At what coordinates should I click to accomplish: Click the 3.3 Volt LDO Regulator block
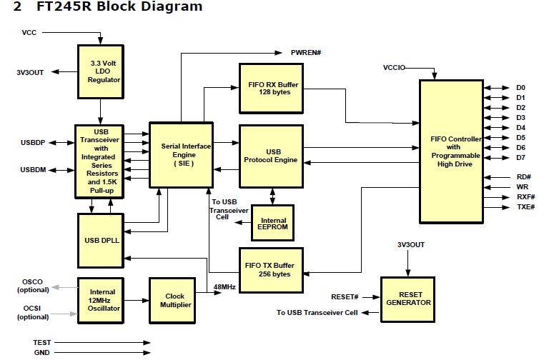pos(101,71)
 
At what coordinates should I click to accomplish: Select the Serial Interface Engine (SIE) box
pos(182,155)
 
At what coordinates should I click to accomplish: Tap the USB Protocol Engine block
pos(271,156)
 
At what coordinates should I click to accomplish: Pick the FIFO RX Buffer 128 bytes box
pos(271,89)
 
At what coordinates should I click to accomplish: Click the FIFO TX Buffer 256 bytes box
pos(271,270)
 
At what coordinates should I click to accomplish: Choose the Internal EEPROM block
pos(273,223)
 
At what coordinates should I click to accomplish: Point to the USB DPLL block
pos(101,241)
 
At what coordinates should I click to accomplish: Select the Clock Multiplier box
pos(172,301)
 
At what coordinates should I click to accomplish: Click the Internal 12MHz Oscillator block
pos(101,301)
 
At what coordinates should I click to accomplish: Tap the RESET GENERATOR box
pos(408,299)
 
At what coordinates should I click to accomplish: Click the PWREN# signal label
pos(306,53)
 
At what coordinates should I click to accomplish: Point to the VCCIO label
pos(395,68)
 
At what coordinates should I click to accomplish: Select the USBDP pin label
pos(33,143)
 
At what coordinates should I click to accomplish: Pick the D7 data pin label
pos(520,158)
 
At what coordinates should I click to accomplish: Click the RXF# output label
pos(526,197)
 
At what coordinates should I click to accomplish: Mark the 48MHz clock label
pos(224,287)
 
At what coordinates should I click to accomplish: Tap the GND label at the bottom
pos(41,353)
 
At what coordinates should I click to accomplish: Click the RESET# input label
pos(345,297)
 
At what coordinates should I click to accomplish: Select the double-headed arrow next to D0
pos(497,88)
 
